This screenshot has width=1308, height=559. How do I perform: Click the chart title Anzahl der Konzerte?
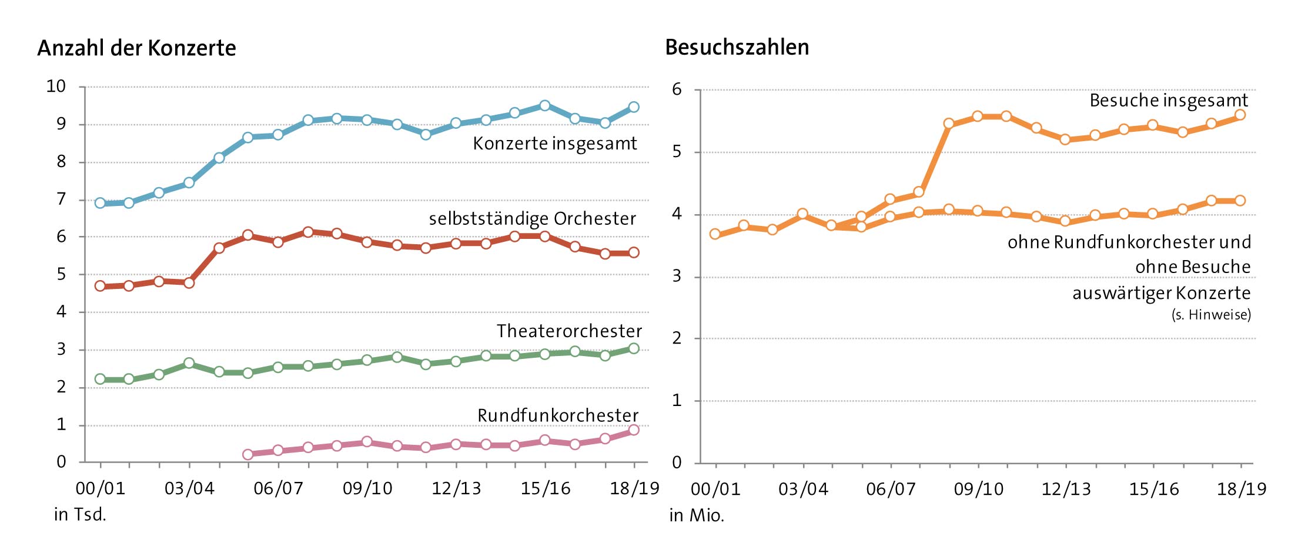coord(136,48)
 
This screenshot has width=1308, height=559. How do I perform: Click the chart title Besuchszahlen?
coord(737,47)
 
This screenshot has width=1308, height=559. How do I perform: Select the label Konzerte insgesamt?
coord(554,144)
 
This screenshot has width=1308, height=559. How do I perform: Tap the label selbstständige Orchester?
coord(532,219)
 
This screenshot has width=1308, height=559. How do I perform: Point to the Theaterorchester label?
coord(568,331)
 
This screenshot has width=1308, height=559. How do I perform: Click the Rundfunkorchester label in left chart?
coord(557,415)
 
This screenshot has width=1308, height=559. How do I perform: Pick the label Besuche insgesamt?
coord(1168,101)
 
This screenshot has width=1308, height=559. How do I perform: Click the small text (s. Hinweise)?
coord(1211,315)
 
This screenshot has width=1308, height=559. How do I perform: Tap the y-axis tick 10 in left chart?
coord(56,86)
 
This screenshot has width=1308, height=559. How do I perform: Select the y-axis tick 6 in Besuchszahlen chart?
coord(677,89)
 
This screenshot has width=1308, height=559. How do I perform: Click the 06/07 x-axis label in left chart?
coord(278,488)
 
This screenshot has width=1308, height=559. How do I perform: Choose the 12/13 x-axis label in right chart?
coord(1066,489)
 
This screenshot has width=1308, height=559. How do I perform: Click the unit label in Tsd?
coord(80,515)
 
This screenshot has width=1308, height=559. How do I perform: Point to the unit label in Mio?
coord(696,515)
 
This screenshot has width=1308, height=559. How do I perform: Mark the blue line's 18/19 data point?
coord(634,107)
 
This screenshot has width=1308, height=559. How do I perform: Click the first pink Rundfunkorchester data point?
coord(248,454)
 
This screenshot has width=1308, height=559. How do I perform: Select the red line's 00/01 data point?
coord(100,286)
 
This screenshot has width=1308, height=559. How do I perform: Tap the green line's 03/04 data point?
coord(189,363)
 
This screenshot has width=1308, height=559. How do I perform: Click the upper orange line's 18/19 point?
coord(1240,115)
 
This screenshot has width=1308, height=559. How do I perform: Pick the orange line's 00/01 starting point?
coord(715,234)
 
